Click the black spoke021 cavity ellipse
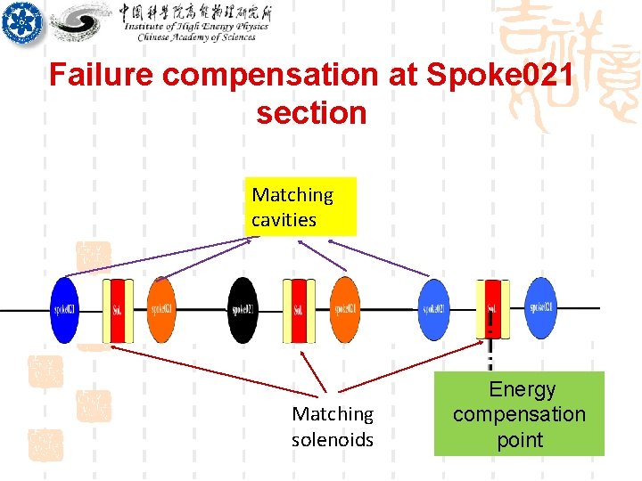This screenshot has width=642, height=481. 242,309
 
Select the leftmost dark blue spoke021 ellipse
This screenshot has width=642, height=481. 64,309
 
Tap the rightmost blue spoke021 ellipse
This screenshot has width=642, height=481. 540,307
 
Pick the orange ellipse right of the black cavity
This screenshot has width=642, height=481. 345,309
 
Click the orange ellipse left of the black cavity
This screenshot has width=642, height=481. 161,309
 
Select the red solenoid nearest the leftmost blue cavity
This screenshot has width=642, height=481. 118,310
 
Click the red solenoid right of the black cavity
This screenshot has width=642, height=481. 299,310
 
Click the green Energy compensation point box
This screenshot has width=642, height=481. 519,414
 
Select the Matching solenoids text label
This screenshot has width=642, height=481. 333,427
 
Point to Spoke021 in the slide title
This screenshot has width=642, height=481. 500,75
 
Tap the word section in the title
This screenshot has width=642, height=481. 311,113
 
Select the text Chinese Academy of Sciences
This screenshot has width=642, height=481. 196,37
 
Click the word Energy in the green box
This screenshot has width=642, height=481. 522,389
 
